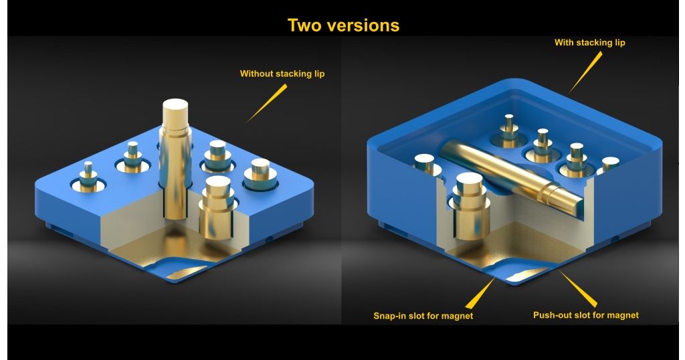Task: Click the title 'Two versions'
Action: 343,25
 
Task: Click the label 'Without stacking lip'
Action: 282,74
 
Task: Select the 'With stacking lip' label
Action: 590,43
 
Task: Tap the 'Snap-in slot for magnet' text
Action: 423,315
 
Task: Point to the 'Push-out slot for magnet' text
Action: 586,315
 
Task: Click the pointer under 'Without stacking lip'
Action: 267,103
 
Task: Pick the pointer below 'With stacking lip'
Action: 583,74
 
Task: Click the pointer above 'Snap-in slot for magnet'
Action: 480,294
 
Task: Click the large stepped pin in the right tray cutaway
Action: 470,205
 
